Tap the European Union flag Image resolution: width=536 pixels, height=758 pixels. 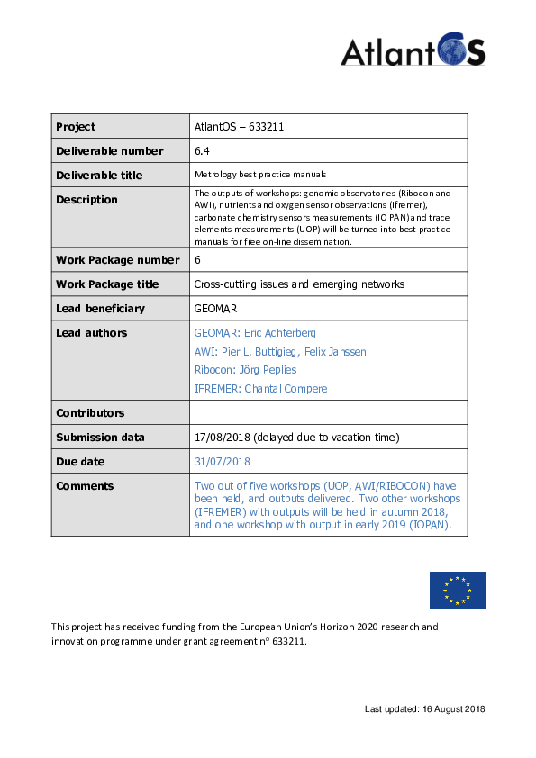pyautogui.click(x=457, y=590)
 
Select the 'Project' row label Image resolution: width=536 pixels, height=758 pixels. pyautogui.click(x=76, y=127)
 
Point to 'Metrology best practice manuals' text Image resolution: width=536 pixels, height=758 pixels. pyautogui.click(x=260, y=175)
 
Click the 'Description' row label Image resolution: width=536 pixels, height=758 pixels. pyautogui.click(x=86, y=200)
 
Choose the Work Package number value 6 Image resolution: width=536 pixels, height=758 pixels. pyautogui.click(x=198, y=260)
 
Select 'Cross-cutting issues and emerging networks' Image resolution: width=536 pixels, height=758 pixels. pyautogui.click(x=299, y=284)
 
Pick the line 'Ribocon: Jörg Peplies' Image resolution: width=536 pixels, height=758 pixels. pyautogui.click(x=245, y=370)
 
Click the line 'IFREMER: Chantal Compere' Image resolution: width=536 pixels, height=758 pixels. pyautogui.click(x=260, y=389)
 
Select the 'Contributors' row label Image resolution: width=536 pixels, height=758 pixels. pyautogui.click(x=90, y=413)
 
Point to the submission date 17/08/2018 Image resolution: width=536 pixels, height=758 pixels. pyautogui.click(x=222, y=438)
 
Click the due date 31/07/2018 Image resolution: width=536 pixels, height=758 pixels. pyautogui.click(x=222, y=462)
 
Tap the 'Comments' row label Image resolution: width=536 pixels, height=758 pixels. pyautogui.click(x=85, y=486)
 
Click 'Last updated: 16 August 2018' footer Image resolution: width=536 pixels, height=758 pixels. pyautogui.click(x=424, y=709)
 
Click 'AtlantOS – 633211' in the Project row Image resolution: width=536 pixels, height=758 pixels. pyautogui.click(x=240, y=127)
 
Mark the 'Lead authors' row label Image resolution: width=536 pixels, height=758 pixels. pyautogui.click(x=91, y=333)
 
